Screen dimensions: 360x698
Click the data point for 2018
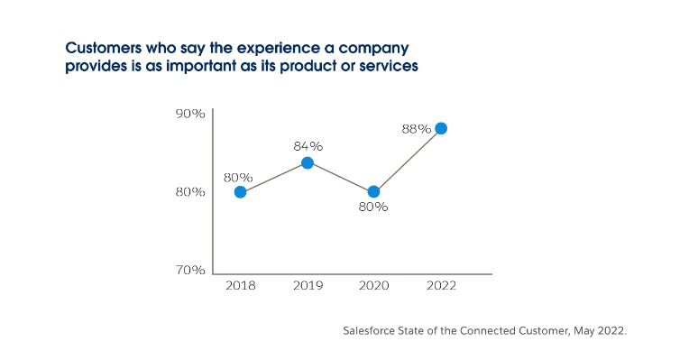pyautogui.click(x=240, y=192)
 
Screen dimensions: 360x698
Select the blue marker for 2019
pyautogui.click(x=307, y=163)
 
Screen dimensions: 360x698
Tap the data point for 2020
pyautogui.click(x=373, y=192)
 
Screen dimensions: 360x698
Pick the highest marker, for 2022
pyautogui.click(x=440, y=128)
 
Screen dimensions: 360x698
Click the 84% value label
pyautogui.click(x=308, y=146)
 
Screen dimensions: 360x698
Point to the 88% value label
pyautogui.click(x=416, y=129)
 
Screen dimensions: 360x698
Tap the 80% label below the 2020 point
pyautogui.click(x=372, y=208)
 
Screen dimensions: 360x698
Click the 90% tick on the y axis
pyautogui.click(x=190, y=115)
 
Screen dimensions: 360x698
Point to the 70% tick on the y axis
pyautogui.click(x=190, y=270)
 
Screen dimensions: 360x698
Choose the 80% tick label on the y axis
pyautogui.click(x=190, y=192)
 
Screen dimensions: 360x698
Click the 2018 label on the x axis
pyautogui.click(x=240, y=286)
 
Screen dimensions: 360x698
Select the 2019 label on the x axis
pyautogui.click(x=307, y=286)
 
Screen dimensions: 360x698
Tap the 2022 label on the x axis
pyautogui.click(x=440, y=286)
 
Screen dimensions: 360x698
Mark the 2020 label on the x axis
pyautogui.click(x=373, y=286)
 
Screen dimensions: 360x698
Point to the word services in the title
pyautogui.click(x=390, y=67)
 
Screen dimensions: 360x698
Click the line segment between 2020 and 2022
pyautogui.click(x=407, y=161)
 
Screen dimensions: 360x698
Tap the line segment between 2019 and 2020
pyautogui.click(x=340, y=178)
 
